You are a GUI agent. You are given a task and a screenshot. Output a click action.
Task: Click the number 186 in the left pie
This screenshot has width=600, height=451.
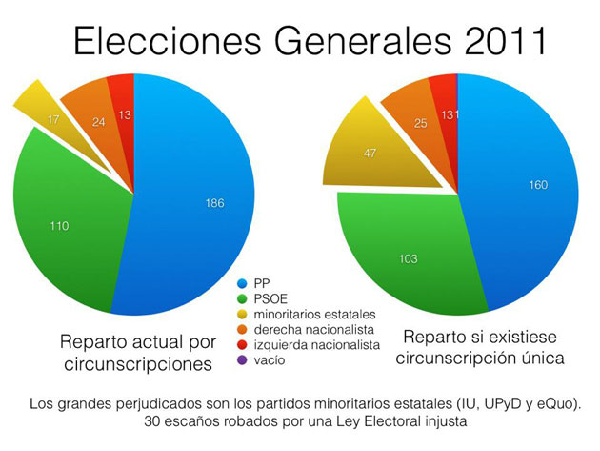pos(215,202)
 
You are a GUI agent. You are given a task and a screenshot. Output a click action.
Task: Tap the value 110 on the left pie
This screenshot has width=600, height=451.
pos(60,227)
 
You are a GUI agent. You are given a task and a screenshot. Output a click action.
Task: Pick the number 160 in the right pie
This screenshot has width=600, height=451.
pos(538,185)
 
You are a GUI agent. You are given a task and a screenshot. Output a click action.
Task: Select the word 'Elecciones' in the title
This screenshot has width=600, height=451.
pos(142,43)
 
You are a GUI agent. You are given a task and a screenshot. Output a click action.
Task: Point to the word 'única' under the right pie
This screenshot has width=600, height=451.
pos(546,359)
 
